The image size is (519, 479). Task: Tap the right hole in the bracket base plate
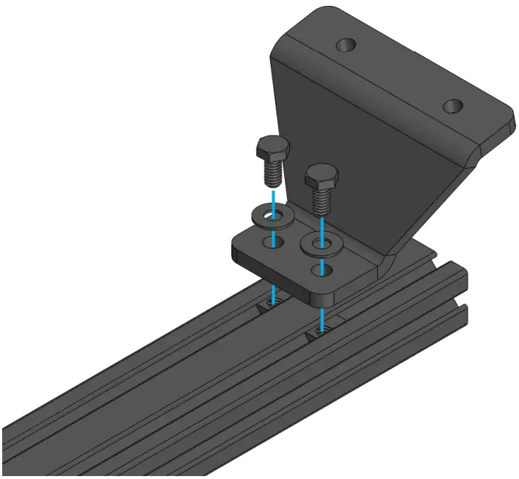319,269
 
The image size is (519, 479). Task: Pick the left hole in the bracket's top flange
346,45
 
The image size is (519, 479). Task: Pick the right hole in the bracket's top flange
453,107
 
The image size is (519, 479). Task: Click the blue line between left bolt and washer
272,197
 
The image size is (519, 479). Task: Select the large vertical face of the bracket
352,147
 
